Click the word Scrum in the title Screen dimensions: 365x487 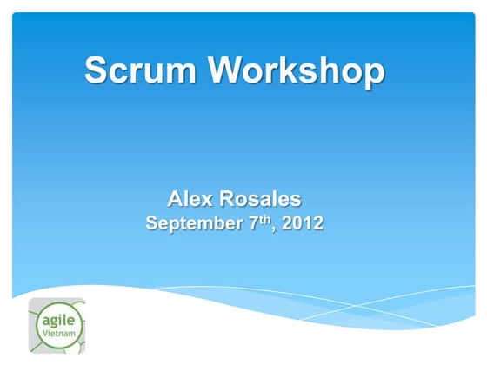[143, 70]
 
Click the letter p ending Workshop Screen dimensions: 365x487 [371, 73]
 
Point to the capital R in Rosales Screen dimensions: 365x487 [229, 200]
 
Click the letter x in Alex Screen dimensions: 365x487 [207, 202]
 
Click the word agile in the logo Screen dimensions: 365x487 [57, 321]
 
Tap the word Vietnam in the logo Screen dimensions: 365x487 [57, 335]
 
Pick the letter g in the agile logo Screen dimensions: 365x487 [54, 322]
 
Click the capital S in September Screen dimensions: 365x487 [152, 223]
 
